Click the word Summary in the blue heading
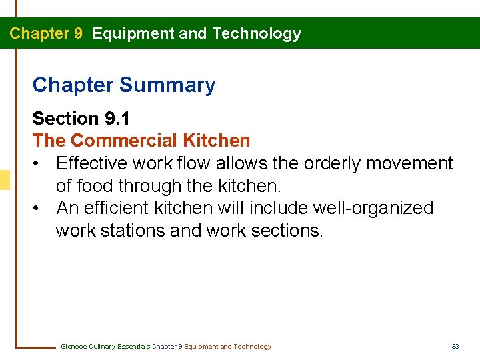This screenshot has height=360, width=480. [x=167, y=85]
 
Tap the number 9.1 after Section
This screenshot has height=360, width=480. [x=117, y=119]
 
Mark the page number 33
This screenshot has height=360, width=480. [x=455, y=347]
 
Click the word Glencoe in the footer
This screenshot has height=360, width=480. [x=73, y=347]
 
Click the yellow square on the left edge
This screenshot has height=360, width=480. [x=5, y=180]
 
